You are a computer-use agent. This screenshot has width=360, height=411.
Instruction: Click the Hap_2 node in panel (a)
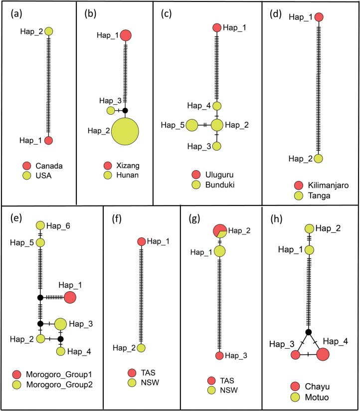point(49,31)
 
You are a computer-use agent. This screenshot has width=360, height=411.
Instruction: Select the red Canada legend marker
point(27,166)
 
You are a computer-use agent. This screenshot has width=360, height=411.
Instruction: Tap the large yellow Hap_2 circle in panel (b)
point(125,131)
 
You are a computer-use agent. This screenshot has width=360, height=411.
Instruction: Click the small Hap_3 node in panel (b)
point(111,111)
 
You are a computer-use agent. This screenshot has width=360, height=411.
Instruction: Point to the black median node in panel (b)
point(125,111)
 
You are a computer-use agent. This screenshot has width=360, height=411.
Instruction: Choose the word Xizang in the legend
point(128,166)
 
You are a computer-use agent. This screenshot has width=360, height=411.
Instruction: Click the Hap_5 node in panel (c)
point(192,125)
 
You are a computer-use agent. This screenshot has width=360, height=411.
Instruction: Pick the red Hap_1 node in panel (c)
point(217,27)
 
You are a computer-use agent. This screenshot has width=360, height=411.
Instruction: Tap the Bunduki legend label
point(220,185)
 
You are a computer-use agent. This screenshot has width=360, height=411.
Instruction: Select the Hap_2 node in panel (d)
point(318,159)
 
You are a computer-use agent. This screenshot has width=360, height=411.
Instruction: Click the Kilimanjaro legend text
point(328,186)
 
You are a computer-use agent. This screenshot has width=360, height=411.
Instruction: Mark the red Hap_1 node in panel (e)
point(70,297)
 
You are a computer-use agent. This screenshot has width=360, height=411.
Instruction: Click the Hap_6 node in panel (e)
point(40,225)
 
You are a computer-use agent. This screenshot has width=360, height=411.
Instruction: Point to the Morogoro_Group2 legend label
point(59,385)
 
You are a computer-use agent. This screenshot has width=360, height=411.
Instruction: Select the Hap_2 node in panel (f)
point(141,348)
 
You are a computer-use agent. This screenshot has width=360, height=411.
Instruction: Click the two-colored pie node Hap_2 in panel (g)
point(220,230)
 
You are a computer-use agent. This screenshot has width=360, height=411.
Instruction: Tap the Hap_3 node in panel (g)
point(219,356)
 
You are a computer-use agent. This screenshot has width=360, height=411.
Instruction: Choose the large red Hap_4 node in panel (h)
point(323,354)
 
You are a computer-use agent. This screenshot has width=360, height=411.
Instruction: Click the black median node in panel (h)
point(309,332)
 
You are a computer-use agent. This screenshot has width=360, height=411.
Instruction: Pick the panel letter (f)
point(117,218)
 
